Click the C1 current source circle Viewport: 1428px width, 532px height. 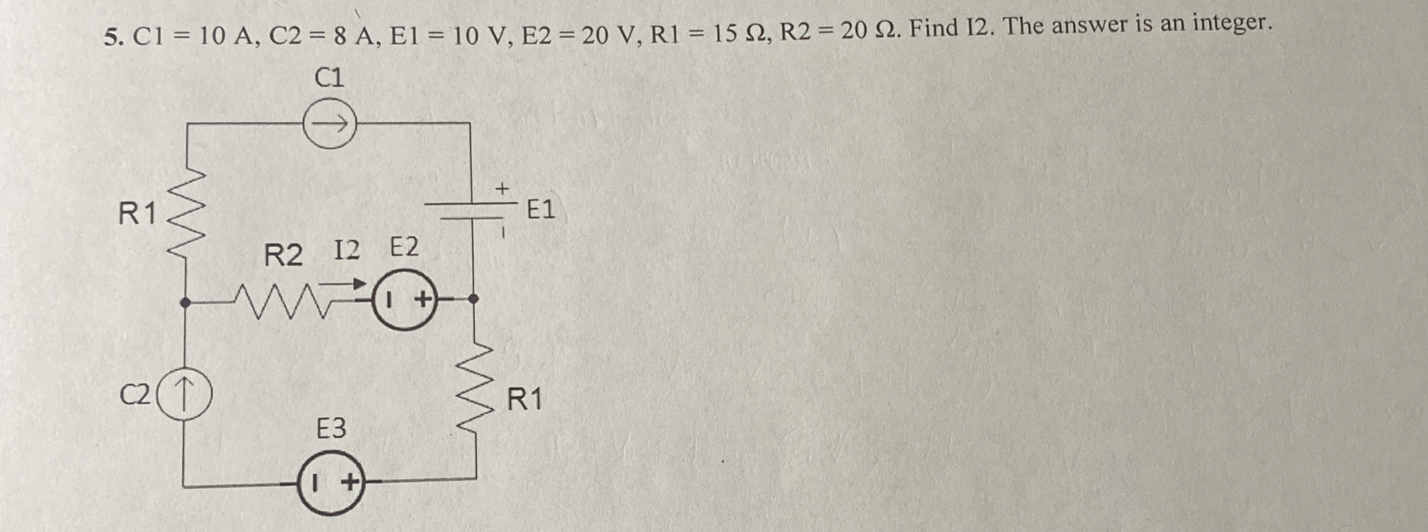click(329, 124)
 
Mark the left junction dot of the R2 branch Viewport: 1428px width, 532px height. click(185, 303)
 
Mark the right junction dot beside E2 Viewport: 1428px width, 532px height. click(474, 299)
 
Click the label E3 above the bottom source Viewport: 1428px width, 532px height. click(331, 429)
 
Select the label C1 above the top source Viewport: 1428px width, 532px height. click(329, 77)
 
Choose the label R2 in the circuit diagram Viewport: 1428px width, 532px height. click(283, 256)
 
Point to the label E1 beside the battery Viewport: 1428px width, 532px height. click(540, 209)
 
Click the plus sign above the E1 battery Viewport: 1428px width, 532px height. click(501, 189)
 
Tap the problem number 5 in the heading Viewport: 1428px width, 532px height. click(111, 38)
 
